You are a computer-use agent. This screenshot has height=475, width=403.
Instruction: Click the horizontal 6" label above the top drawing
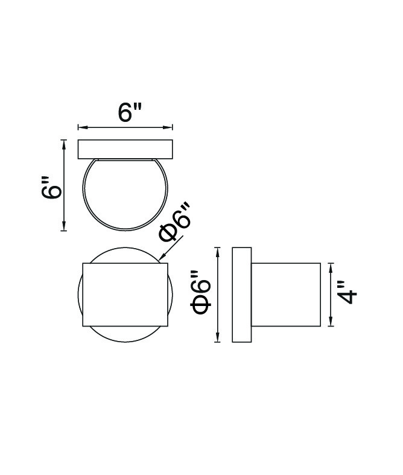click(130, 112)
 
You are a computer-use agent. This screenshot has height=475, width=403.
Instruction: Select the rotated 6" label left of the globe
click(51, 189)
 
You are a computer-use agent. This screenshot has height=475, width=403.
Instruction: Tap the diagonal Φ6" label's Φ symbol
click(168, 232)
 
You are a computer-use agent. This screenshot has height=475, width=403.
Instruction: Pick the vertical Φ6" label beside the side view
click(200, 292)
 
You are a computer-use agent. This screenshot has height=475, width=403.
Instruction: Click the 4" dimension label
click(347, 292)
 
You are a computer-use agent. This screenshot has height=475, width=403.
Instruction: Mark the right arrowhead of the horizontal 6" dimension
click(169, 127)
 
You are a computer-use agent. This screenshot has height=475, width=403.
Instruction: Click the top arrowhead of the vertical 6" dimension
click(63, 144)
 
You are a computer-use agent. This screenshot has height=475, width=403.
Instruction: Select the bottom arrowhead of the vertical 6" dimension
click(63, 226)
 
